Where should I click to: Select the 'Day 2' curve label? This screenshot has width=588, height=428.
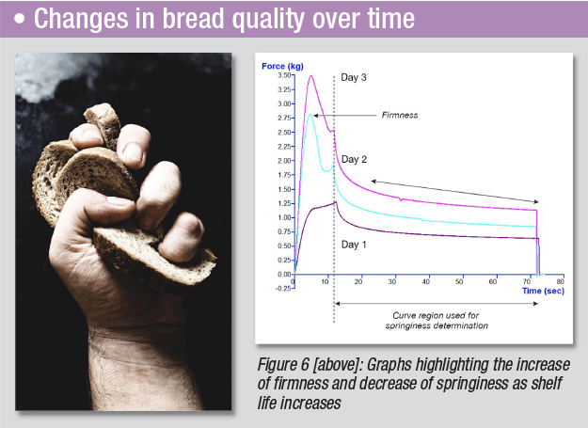coord(356,159)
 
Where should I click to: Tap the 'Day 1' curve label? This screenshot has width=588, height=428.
coord(356,244)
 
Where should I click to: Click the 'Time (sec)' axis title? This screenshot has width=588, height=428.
coord(544,292)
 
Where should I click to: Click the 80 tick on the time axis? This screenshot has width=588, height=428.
coord(561,281)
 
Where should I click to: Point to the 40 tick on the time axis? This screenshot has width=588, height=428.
coord(427,281)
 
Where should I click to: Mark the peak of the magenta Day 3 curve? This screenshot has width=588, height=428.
coord(311,76)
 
